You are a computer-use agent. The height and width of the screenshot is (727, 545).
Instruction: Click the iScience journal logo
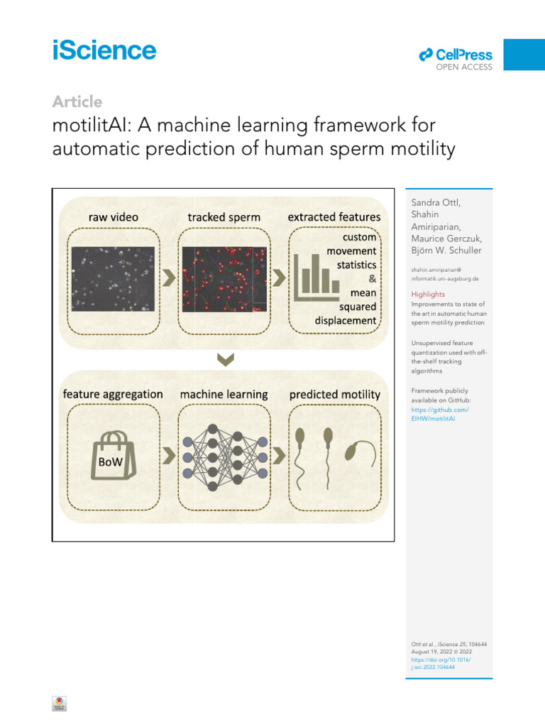pos(104,51)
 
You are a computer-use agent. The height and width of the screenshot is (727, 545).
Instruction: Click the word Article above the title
pos(77,102)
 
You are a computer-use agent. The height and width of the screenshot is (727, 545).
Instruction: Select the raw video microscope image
pos(112,277)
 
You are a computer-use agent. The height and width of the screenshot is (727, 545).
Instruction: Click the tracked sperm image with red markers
pos(224,277)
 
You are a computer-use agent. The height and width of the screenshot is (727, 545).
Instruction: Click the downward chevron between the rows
pos(225,361)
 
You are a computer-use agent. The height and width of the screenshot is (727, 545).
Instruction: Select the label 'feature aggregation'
pos(113,394)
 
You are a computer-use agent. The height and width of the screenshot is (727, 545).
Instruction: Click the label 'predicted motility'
pos(334,394)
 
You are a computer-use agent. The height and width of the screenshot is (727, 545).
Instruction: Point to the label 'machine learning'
pos(224,394)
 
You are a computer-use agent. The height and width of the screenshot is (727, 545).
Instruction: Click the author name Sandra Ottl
pos(436,202)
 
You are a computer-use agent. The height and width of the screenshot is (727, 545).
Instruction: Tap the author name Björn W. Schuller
pos(446,251)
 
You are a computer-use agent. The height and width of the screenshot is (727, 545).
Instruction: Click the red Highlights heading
pos(429,294)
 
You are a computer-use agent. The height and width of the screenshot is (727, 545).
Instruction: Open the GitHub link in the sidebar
pos(440,415)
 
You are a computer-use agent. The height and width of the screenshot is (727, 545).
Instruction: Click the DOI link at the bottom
pos(441,663)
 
